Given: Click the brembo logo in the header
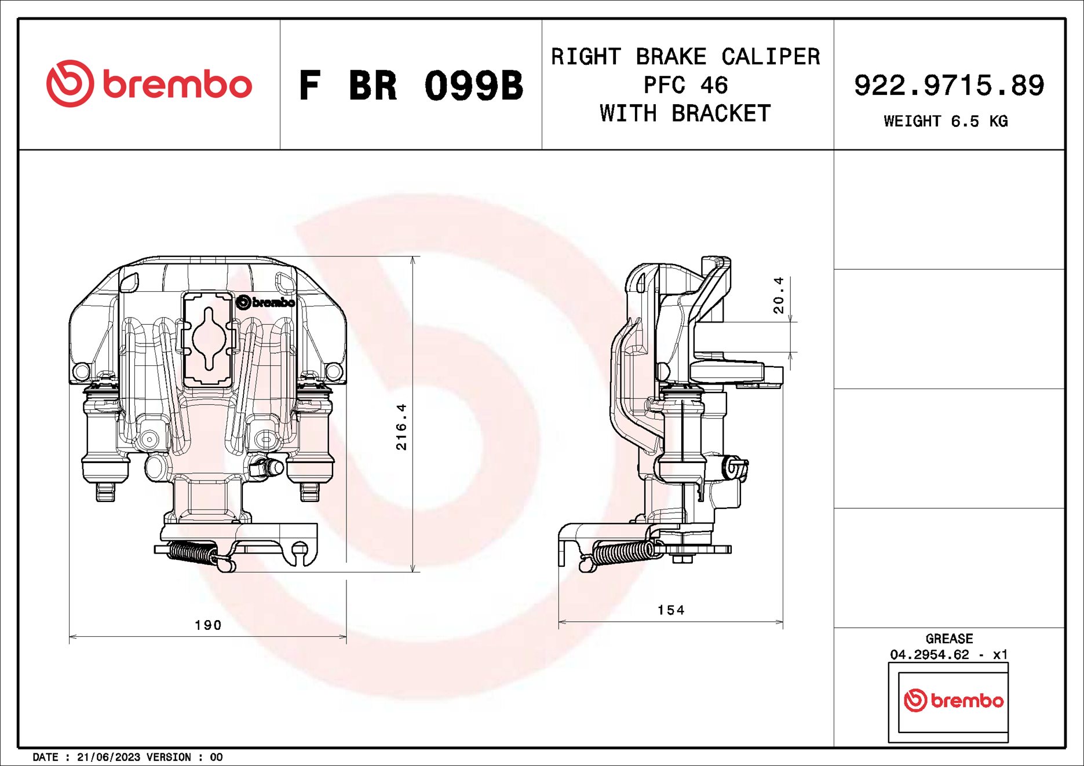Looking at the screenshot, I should pyautogui.click(x=149, y=84).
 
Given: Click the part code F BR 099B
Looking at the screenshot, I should pyautogui.click(x=410, y=86).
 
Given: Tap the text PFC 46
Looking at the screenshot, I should pyautogui.click(x=685, y=86).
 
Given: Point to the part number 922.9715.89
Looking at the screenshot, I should pyautogui.click(x=948, y=86).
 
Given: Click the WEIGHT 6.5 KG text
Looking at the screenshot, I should pyautogui.click(x=946, y=122).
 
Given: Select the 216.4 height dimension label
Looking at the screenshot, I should pyautogui.click(x=401, y=427).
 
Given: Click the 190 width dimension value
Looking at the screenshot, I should pyautogui.click(x=208, y=625).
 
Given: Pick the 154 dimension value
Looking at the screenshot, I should pyautogui.click(x=671, y=610).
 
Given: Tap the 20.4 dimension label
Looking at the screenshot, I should pyautogui.click(x=778, y=295).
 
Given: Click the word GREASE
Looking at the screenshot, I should pyautogui.click(x=949, y=639).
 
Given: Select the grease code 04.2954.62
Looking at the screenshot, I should pyautogui.click(x=929, y=654).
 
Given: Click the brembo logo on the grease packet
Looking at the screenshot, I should pyautogui.click(x=953, y=701).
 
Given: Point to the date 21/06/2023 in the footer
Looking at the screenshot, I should pyautogui.click(x=108, y=757).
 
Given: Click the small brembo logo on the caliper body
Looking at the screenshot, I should pyautogui.click(x=266, y=302).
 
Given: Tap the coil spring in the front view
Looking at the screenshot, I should pyautogui.click(x=191, y=552).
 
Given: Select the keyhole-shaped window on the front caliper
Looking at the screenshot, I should pyautogui.click(x=209, y=339).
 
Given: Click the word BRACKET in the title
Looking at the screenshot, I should pyautogui.click(x=721, y=114).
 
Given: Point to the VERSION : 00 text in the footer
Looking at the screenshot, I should pyautogui.click(x=184, y=757).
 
